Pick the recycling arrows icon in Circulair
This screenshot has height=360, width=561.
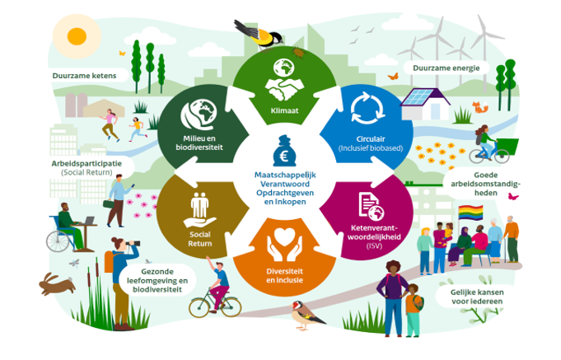(x=362, y=109)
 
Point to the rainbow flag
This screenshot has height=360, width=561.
(x=470, y=213)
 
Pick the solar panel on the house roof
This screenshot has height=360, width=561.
(x=421, y=97)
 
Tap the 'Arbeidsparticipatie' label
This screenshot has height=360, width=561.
(x=80, y=163)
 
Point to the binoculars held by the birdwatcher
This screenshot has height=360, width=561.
(x=133, y=245)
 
